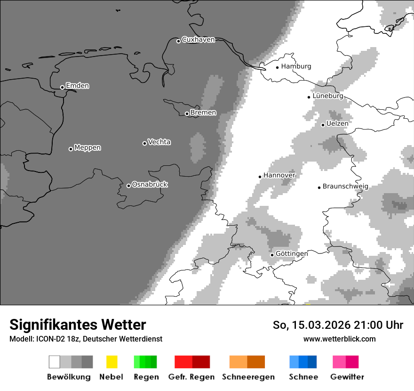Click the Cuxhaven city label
pyautogui.click(x=198, y=40)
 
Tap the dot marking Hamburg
pyautogui.click(x=278, y=67)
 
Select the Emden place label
pyautogui.click(x=77, y=86)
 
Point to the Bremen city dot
pyautogui.click(x=187, y=114)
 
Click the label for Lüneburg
pyautogui.click(x=328, y=96)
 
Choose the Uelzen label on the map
pyautogui.click(x=337, y=123)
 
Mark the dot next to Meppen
pyautogui.click(x=71, y=149)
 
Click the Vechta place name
pyautogui.click(x=159, y=142)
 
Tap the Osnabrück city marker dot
pyautogui.click(x=128, y=186)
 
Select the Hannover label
pyautogui.click(x=279, y=175)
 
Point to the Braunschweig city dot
pyautogui.click(x=319, y=187)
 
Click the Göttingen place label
pyautogui.click(x=292, y=253)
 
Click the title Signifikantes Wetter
pyautogui.click(x=78, y=325)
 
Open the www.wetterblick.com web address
pyautogui.click(x=339, y=339)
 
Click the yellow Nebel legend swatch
pyautogui.click(x=111, y=362)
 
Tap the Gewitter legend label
pyautogui.click(x=347, y=377)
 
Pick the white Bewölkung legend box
pyautogui.click(x=55, y=362)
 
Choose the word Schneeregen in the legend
pyautogui.click(x=248, y=377)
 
